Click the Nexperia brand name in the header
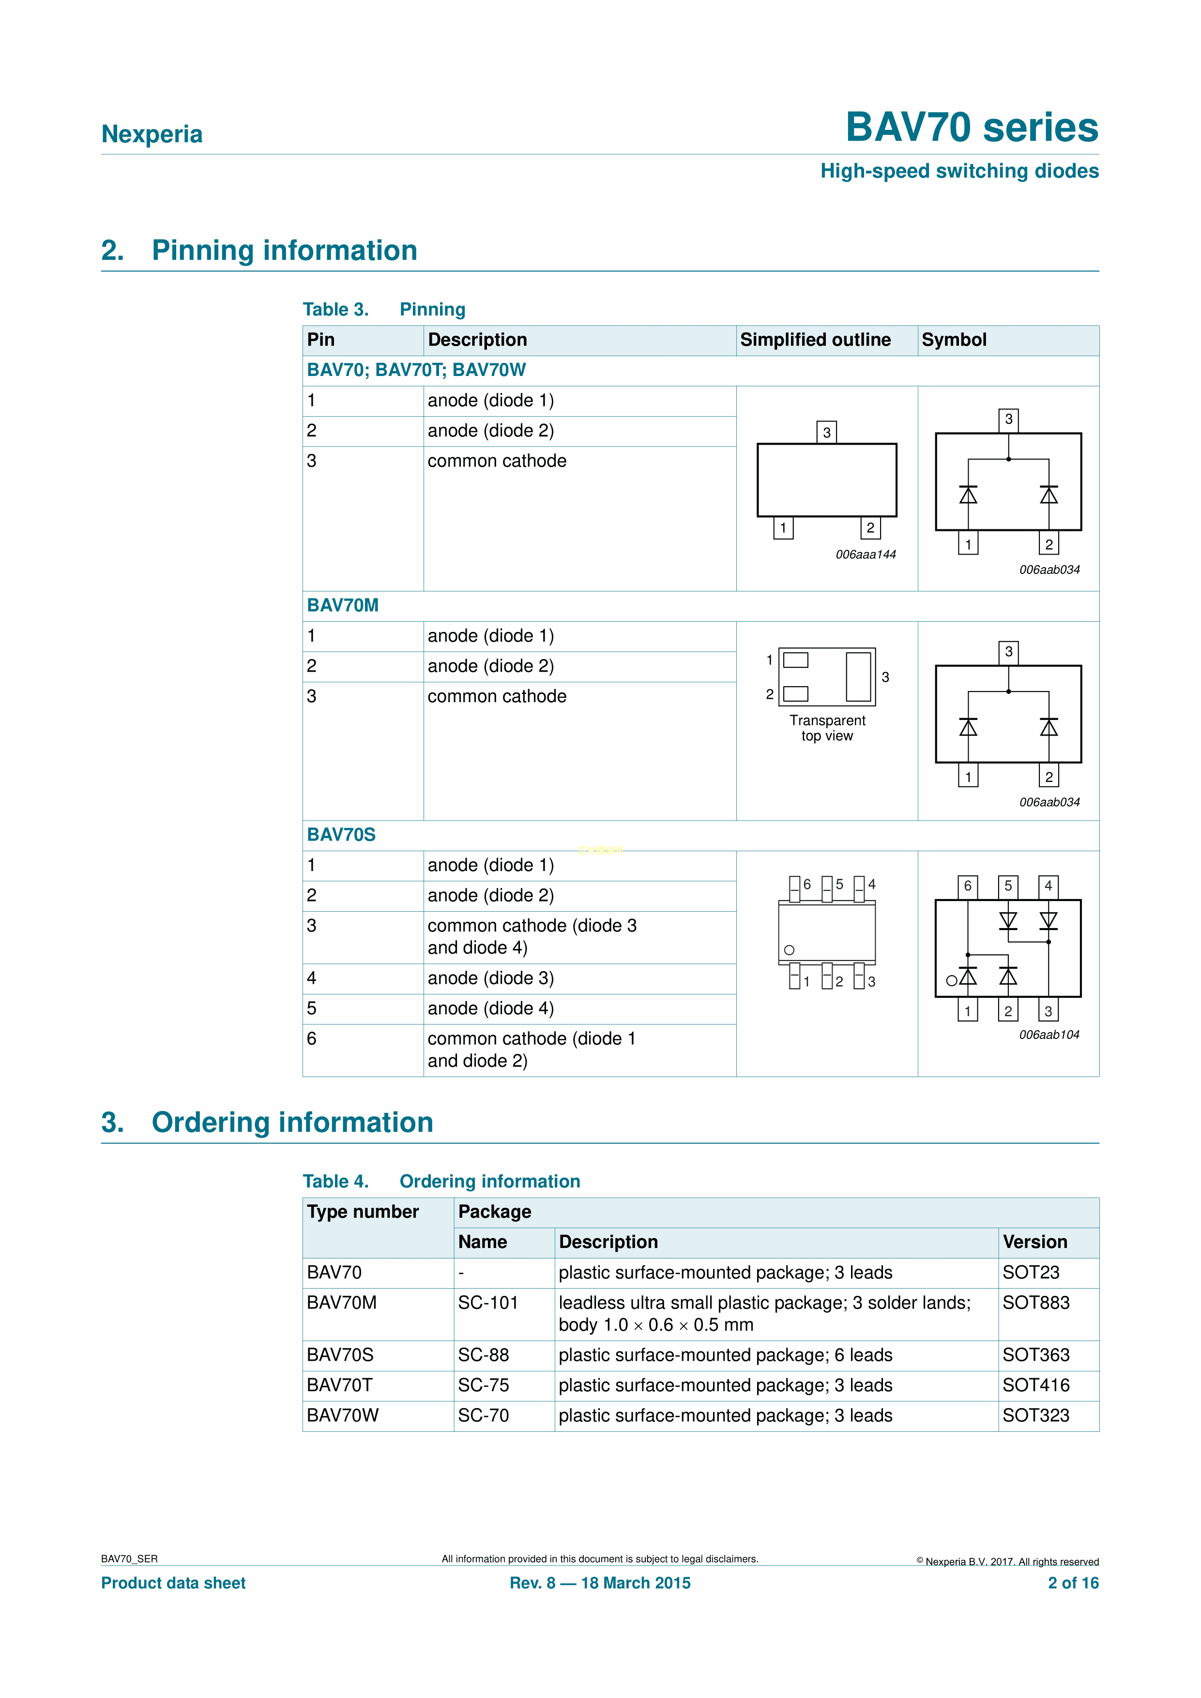(152, 134)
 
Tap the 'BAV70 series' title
(971, 127)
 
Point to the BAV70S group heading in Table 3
(341, 834)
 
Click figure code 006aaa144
(865, 555)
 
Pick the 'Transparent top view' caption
(827, 728)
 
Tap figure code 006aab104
(1049, 1035)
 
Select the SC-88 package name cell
(483, 1355)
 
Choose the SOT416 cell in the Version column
(1035, 1385)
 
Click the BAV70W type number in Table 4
(343, 1415)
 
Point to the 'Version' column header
(1034, 1242)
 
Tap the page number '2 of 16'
(1072, 1583)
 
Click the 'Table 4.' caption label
(335, 1181)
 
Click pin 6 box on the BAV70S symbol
(967, 886)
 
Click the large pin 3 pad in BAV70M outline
(858, 676)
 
